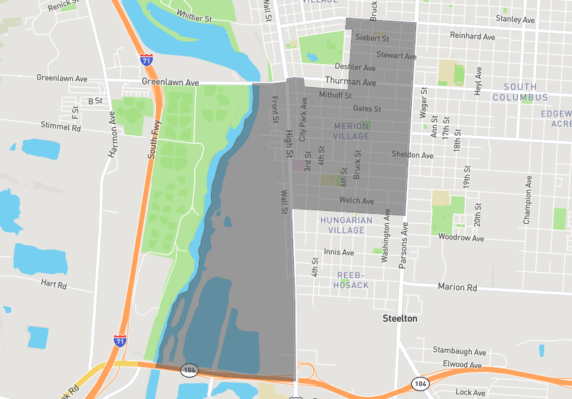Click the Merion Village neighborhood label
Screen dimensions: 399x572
pyautogui.click(x=351, y=131)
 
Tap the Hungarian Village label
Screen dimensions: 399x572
pyautogui.click(x=346, y=225)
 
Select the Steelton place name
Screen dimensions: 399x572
pyautogui.click(x=400, y=318)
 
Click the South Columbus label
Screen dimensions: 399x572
pyautogui.click(x=520, y=92)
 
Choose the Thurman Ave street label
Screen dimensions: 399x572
pyautogui.click(x=350, y=82)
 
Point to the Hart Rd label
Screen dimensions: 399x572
pyautogui.click(x=54, y=284)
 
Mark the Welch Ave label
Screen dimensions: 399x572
pyautogui.click(x=357, y=201)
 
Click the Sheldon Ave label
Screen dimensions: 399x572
pyautogui.click(x=413, y=154)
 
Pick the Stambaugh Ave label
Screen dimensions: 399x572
pyautogui.click(x=459, y=352)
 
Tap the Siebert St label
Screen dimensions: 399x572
pyautogui.click(x=372, y=38)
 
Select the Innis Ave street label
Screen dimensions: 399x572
pyautogui.click(x=339, y=252)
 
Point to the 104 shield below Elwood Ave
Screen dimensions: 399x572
pyautogui.click(x=418, y=385)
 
